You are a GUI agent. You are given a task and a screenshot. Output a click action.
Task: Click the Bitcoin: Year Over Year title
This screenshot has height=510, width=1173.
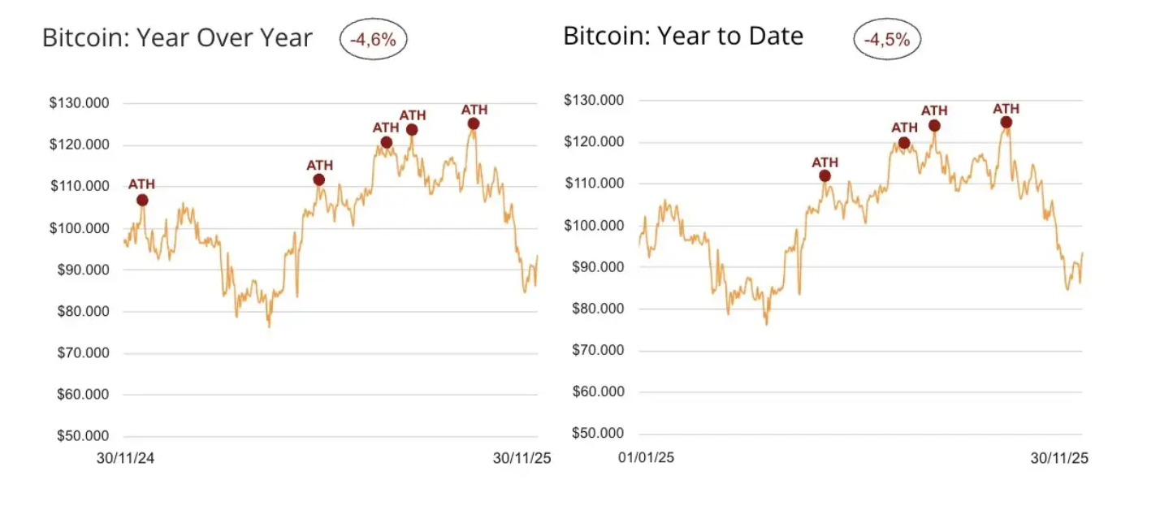coord(177,38)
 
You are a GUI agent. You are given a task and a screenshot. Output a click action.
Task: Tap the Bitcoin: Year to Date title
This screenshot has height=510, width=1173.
coord(683,36)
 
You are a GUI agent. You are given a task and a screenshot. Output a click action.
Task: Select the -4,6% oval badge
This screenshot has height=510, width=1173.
coord(373,39)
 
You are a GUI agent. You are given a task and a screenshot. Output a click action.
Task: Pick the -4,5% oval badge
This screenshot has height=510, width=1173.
coord(886,38)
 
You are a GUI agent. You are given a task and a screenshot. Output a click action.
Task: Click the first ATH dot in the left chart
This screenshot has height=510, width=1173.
coord(142,200)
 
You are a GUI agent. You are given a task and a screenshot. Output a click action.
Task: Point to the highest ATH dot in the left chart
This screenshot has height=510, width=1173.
coord(474,123)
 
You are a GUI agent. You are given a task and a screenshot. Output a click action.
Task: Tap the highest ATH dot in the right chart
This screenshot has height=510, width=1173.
coord(1006,122)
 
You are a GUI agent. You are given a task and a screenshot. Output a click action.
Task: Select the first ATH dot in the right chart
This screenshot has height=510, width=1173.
coord(825,175)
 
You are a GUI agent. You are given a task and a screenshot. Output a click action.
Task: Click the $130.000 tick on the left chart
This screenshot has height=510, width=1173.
coord(79,103)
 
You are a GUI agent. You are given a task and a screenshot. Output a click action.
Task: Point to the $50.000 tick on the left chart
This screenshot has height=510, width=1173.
coord(79,436)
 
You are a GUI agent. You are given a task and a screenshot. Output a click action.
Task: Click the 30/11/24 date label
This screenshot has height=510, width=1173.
coord(125,458)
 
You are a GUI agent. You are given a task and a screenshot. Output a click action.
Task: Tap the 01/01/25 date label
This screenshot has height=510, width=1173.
coord(646,458)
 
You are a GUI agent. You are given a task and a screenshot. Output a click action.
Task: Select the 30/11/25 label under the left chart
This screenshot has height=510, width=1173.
coord(522,458)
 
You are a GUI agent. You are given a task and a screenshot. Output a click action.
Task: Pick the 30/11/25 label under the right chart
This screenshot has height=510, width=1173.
coord(1059,458)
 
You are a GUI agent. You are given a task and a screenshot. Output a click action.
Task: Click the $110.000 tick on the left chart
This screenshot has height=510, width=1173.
coord(79,186)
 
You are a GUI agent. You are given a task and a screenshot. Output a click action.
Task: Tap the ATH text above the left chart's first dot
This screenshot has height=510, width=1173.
coord(142,184)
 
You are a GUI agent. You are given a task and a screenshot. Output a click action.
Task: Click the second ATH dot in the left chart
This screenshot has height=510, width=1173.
coord(318,179)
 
